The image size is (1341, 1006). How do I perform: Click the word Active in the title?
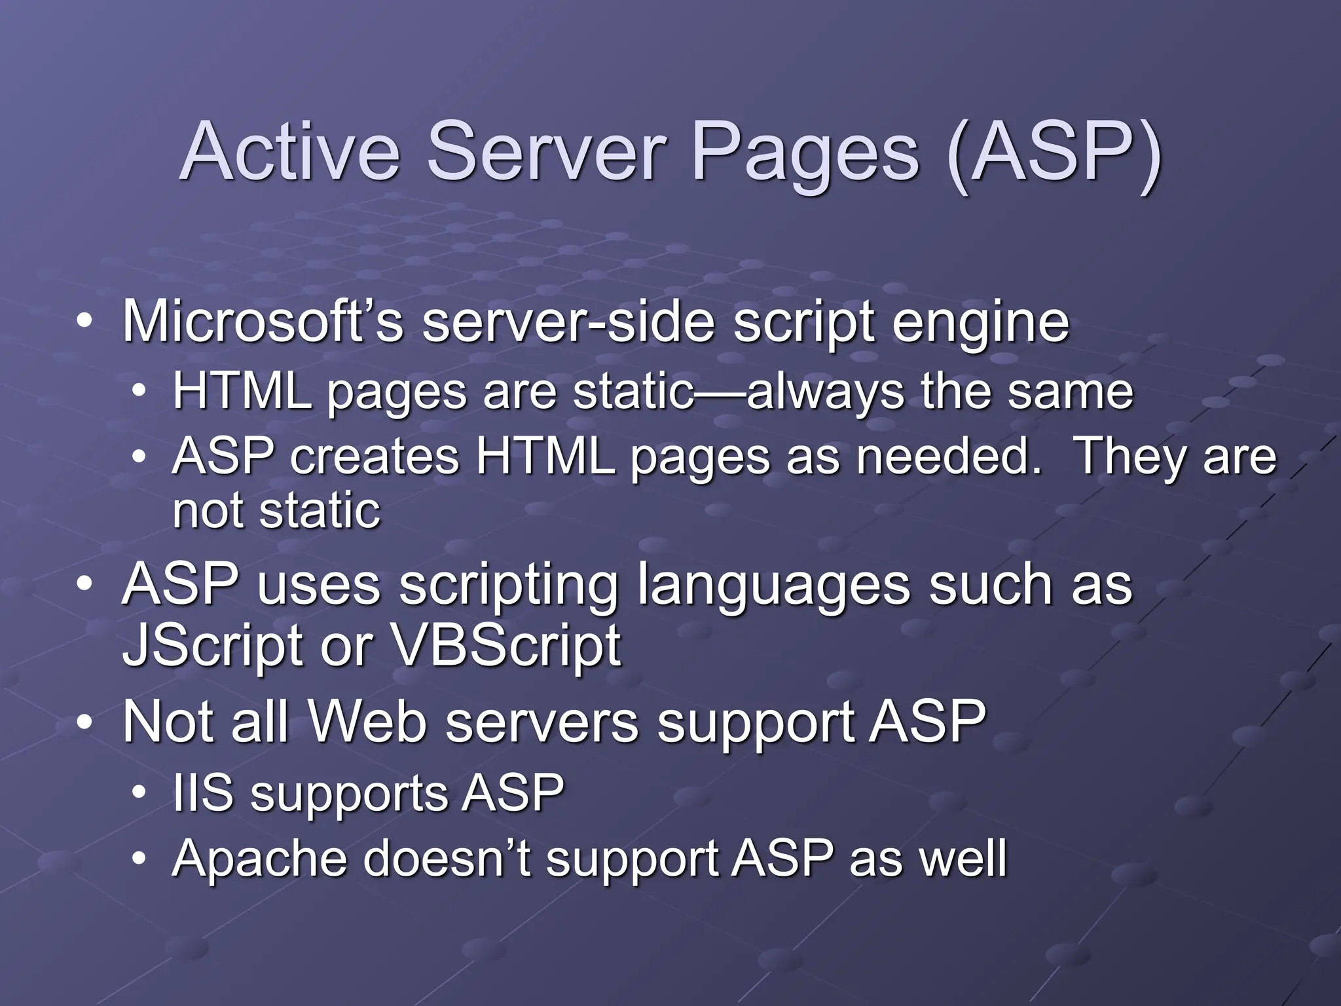click(x=289, y=152)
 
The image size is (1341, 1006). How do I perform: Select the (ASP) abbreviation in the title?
click(x=1054, y=155)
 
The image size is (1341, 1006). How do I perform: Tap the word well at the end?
click(x=963, y=859)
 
